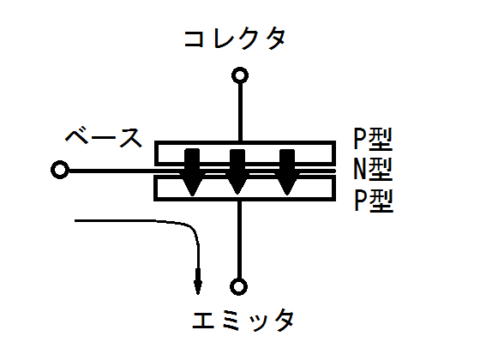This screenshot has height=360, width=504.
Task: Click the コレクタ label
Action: tap(235, 39)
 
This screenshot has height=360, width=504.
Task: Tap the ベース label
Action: tap(104, 137)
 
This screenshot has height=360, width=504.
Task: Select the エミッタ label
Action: tap(243, 321)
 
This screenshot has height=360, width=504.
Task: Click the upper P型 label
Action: tap(373, 140)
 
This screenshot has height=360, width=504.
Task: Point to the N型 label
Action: tap(373, 170)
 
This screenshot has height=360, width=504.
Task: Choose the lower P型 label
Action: tap(374, 201)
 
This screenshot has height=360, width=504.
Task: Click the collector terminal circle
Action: tap(240, 75)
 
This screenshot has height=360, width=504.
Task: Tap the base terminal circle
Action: tap(60, 170)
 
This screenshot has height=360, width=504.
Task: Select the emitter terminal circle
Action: tap(238, 286)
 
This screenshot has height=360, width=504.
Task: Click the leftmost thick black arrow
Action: tap(192, 172)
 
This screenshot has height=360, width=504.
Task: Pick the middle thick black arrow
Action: tap(237, 171)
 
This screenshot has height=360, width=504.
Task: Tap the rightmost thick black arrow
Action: tap(287, 172)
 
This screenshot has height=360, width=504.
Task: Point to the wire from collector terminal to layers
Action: tap(240, 112)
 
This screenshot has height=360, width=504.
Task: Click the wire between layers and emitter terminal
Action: tap(239, 240)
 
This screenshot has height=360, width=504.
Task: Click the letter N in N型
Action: tap(360, 170)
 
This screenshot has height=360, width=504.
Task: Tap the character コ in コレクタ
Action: tap(194, 39)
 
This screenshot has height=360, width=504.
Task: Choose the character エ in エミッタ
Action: tap(203, 321)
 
